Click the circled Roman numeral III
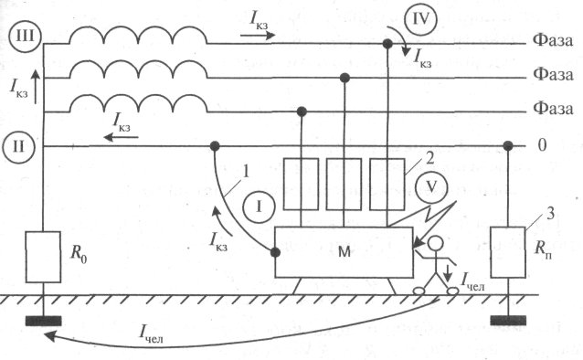25,37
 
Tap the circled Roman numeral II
18,146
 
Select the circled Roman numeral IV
420,19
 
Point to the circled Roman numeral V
431,187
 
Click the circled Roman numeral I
259,206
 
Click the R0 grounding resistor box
43,257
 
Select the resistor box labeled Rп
508,252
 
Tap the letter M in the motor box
344,252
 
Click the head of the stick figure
435,245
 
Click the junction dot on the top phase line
387,44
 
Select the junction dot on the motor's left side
275,252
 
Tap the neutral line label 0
542,145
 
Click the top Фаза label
553,40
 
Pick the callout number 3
551,214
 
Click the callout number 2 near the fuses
429,159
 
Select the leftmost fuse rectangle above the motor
302,184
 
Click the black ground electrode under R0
43,321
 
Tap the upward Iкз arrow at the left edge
36,87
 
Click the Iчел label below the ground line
151,334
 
